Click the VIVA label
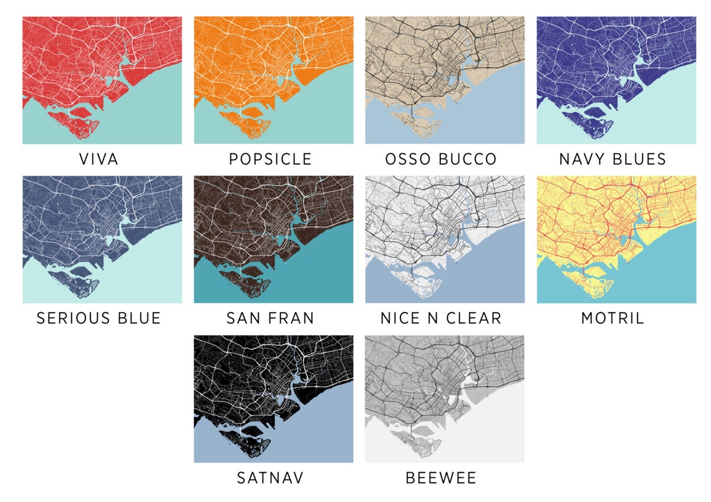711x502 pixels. (x=99, y=159)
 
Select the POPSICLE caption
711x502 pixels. (x=270, y=159)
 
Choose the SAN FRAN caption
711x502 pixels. (x=270, y=318)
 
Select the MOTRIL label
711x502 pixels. (x=612, y=318)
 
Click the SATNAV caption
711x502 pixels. (x=270, y=478)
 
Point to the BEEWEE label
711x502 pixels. (x=441, y=478)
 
